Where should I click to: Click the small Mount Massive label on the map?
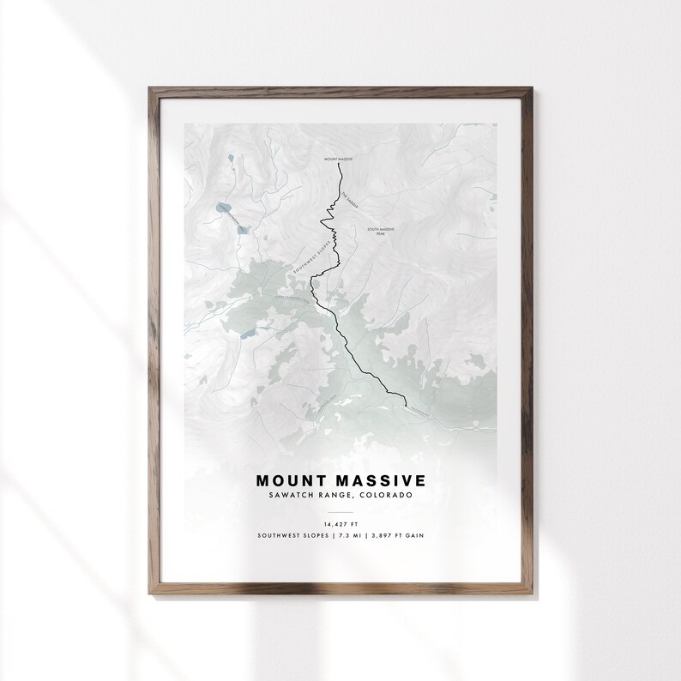pyautogui.click(x=339, y=159)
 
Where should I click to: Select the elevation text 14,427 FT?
pyautogui.click(x=340, y=523)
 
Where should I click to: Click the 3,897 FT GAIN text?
pyautogui.click(x=396, y=536)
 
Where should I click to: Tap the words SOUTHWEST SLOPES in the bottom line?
pyautogui.click(x=292, y=536)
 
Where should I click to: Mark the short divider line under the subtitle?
pyautogui.click(x=340, y=509)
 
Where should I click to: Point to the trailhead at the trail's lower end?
pyautogui.click(x=404, y=402)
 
